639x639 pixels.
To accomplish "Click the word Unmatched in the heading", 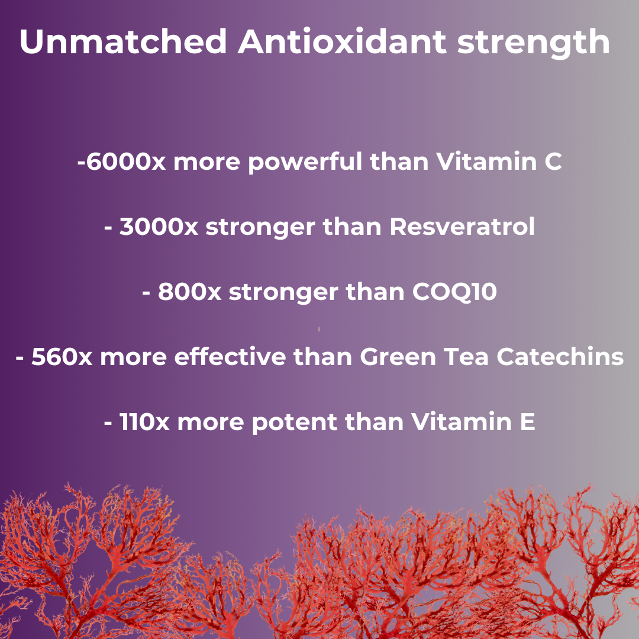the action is [123, 41].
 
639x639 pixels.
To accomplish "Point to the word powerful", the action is [305, 162].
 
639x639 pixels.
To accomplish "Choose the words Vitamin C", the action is [499, 161].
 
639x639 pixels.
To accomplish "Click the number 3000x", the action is [159, 227].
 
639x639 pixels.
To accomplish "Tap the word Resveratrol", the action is [462, 226].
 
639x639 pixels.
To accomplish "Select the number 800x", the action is [189, 292].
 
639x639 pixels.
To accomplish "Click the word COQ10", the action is [454, 292].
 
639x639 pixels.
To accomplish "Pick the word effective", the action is [230, 356].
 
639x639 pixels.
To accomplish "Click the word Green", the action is [398, 357].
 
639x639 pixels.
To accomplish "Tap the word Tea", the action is [466, 357].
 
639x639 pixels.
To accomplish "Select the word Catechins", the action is [560, 357].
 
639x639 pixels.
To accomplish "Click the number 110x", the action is [144, 422].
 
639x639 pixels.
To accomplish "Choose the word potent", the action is [294, 423].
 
